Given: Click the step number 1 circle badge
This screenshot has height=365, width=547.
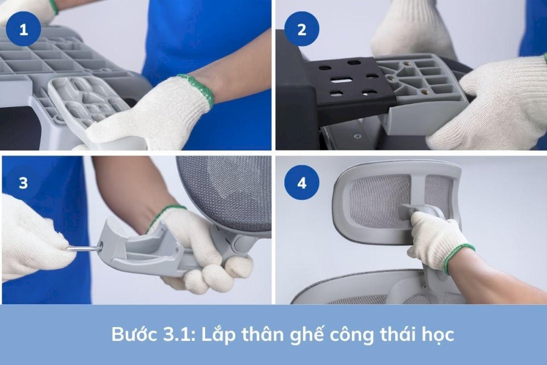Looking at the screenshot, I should (x=24, y=29).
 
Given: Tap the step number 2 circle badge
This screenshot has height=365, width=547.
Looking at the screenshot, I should (x=302, y=29).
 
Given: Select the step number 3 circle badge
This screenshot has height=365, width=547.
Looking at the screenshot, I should (x=24, y=182).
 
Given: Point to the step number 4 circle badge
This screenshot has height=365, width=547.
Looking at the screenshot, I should (x=302, y=182).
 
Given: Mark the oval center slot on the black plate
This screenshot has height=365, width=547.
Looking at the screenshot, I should (x=342, y=80).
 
